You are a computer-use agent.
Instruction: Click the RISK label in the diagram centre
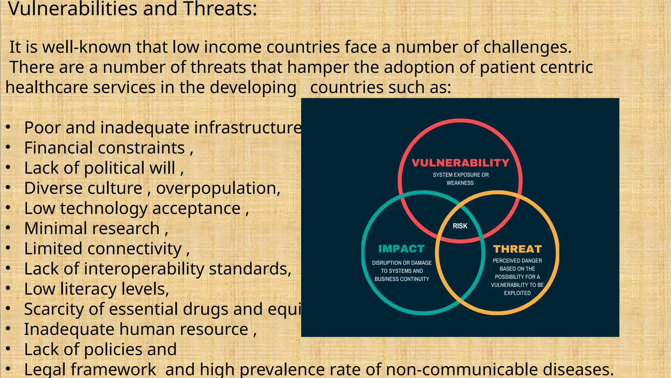[460, 226]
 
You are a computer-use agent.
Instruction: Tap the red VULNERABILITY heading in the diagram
[460, 163]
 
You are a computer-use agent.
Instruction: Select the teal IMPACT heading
[401, 249]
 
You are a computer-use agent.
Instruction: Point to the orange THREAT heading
[517, 249]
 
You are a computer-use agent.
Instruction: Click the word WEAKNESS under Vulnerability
[460, 183]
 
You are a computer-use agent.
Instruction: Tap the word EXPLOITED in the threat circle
[517, 293]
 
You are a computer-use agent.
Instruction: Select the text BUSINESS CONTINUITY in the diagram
[402, 279]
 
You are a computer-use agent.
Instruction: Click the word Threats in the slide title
[220, 9]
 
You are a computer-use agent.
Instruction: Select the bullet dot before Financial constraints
[9, 147]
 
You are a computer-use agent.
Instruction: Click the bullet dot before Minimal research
[9, 228]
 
